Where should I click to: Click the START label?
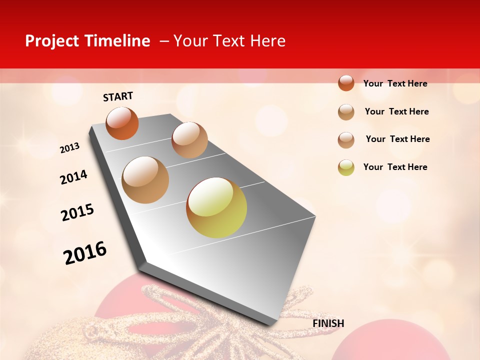118,96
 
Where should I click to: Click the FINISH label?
328,323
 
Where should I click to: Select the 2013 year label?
69,148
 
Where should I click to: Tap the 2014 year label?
73,177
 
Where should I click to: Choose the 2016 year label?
85,252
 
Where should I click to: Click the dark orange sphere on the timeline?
122,123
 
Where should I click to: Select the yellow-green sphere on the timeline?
216,207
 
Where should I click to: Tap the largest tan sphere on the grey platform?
145,180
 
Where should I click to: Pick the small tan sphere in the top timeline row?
189,139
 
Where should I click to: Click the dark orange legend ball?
346,83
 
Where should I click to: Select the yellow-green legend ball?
346,167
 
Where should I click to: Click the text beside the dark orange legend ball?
395,83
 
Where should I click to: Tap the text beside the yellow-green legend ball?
395,167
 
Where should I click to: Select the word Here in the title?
267,41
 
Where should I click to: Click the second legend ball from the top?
346,112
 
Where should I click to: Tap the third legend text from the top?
397,139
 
